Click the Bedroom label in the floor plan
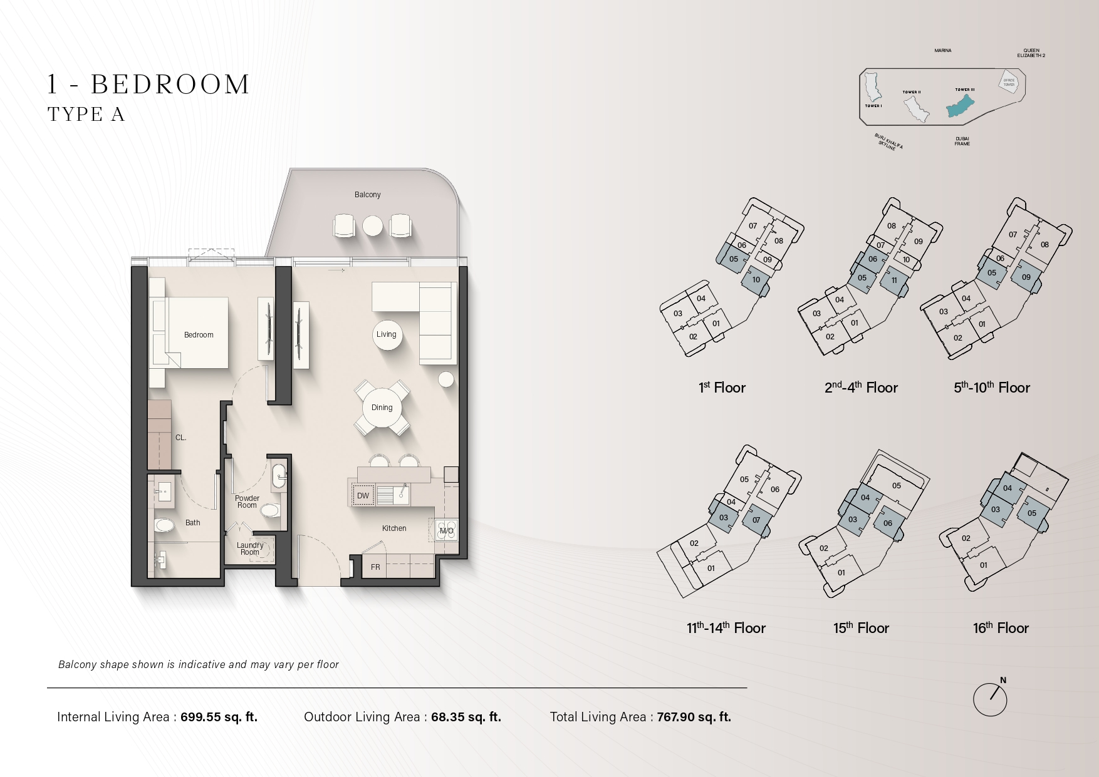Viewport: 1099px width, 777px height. pyautogui.click(x=199, y=335)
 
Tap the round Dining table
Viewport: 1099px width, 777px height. pyautogui.click(x=382, y=408)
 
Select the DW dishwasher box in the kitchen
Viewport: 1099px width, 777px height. pyautogui.click(x=363, y=495)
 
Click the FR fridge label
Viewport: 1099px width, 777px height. pyautogui.click(x=375, y=567)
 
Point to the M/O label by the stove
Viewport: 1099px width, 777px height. pyautogui.click(x=446, y=531)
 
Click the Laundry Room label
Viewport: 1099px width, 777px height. pyautogui.click(x=250, y=548)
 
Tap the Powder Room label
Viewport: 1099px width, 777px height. pyautogui.click(x=247, y=502)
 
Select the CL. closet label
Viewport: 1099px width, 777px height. pyautogui.click(x=180, y=438)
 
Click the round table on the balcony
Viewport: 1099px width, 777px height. pyautogui.click(x=372, y=226)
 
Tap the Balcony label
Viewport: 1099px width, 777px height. pyautogui.click(x=367, y=195)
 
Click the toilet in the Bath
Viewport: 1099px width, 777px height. pyautogui.click(x=165, y=525)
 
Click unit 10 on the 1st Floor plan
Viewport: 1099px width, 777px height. pyautogui.click(x=756, y=280)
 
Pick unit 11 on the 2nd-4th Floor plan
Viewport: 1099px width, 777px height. pyautogui.click(x=894, y=280)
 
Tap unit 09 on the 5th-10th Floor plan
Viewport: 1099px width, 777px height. pyautogui.click(x=1026, y=277)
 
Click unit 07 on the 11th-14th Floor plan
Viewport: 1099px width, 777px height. pyautogui.click(x=756, y=520)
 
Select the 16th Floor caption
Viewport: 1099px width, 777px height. pyautogui.click(x=1001, y=628)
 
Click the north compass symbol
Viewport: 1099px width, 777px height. pyautogui.click(x=990, y=699)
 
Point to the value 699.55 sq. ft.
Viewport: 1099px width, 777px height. pyautogui.click(x=219, y=717)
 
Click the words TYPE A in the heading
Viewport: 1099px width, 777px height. pyautogui.click(x=86, y=115)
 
